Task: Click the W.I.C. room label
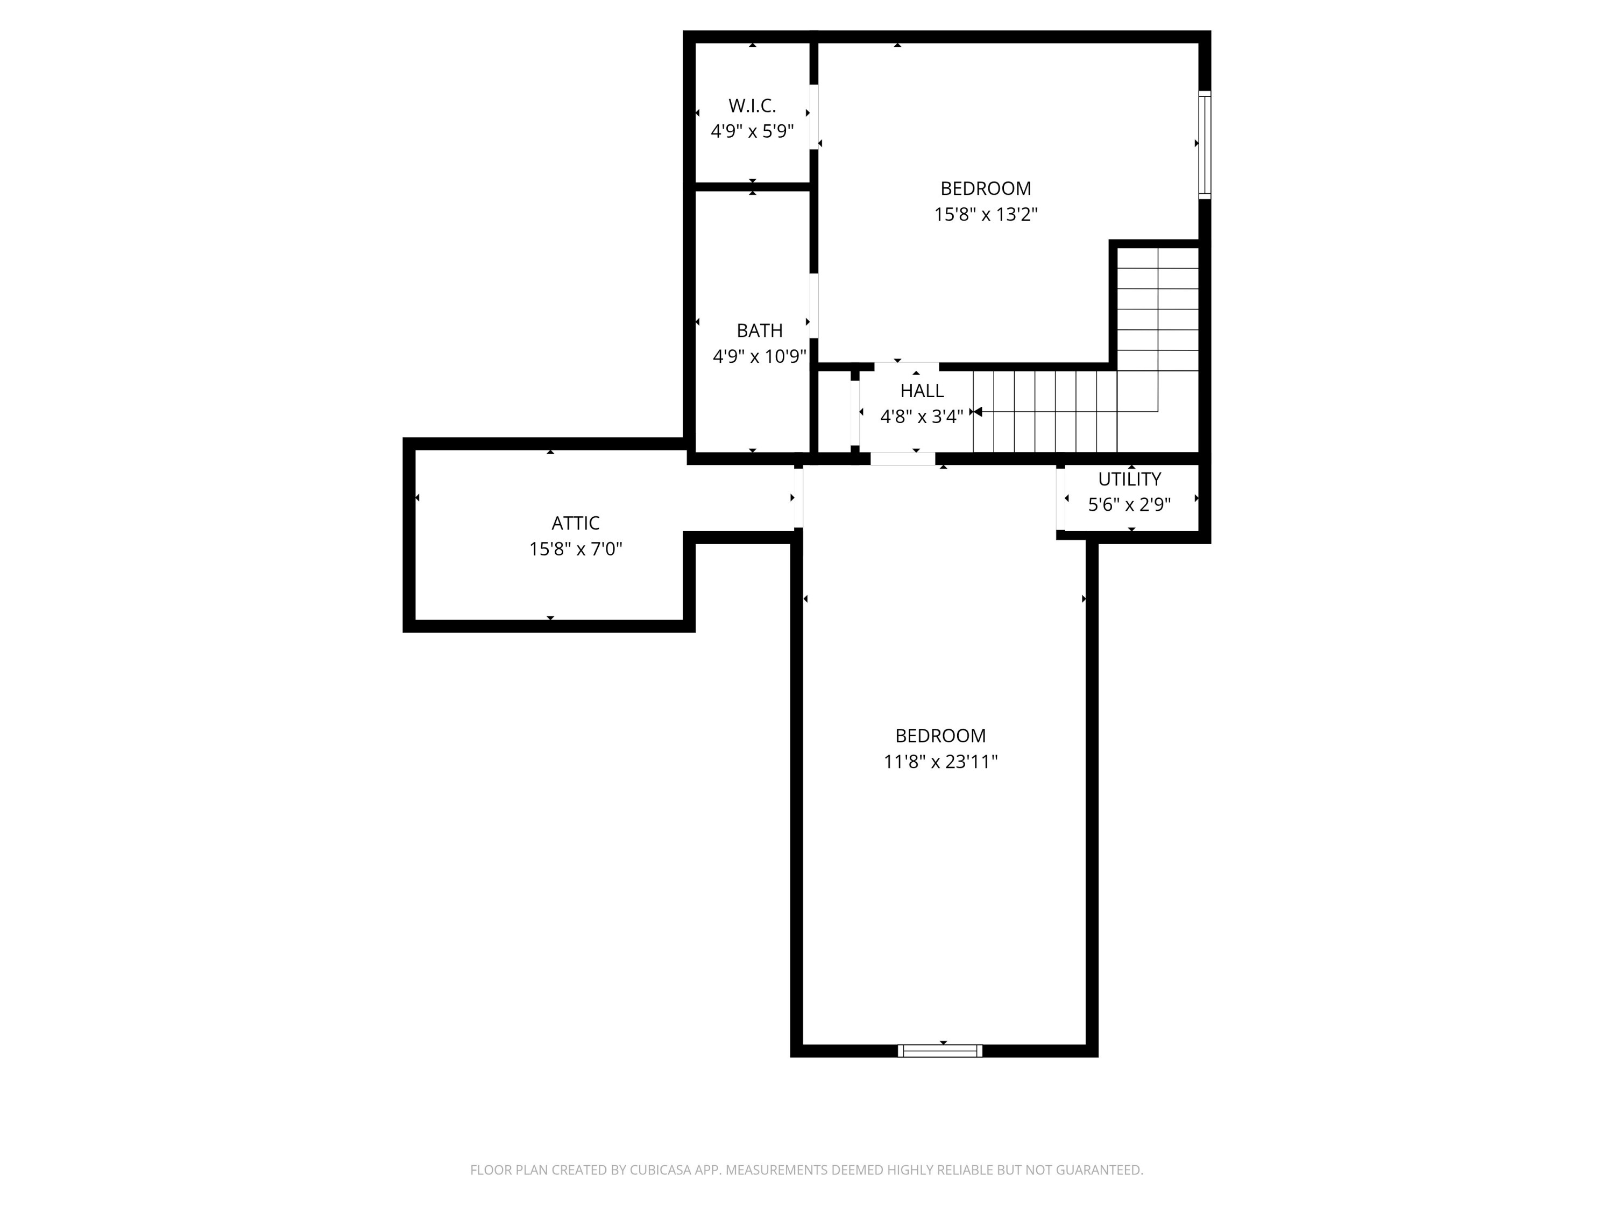(752, 106)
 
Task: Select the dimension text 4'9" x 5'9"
(752, 131)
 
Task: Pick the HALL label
(922, 391)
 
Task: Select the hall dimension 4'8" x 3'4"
(922, 417)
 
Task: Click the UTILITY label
(1129, 479)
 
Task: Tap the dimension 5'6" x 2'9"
(1129, 504)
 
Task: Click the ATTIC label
(575, 523)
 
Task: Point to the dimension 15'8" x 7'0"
(575, 549)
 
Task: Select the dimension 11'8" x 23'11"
(940, 762)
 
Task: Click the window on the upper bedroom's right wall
(1204, 145)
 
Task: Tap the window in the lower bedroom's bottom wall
(940, 1051)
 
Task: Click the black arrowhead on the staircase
(978, 412)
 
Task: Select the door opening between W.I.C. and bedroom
(813, 117)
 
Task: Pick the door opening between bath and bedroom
(813, 305)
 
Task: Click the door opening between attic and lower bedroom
(798, 498)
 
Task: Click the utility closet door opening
(1060, 498)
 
